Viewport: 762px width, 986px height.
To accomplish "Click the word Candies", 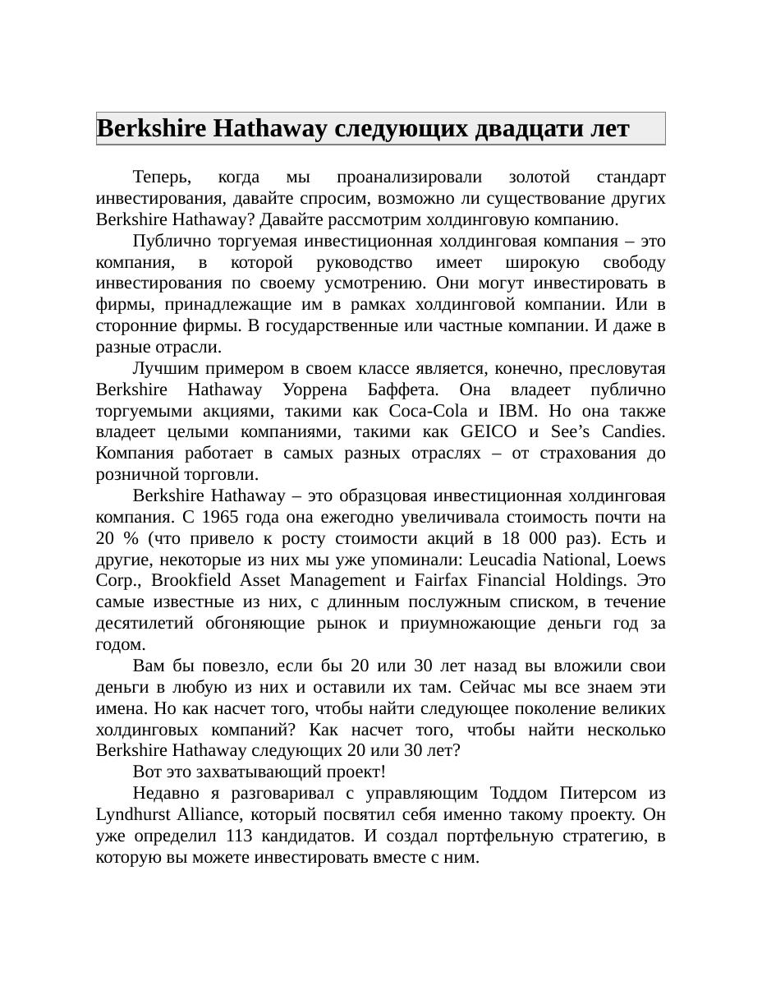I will [x=633, y=432].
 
